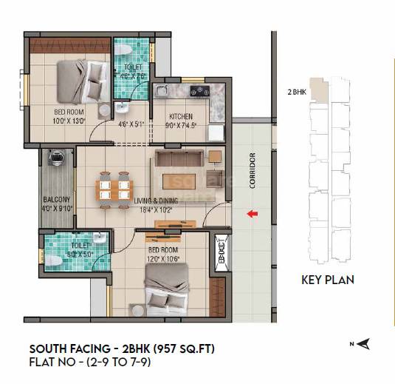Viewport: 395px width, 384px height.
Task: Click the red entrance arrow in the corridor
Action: tap(252, 215)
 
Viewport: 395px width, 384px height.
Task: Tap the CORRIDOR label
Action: tap(252, 170)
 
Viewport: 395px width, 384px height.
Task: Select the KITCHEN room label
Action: tap(180, 116)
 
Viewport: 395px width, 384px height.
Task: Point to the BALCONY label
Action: tap(56, 200)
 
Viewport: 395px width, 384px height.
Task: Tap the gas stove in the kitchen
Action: tap(199, 92)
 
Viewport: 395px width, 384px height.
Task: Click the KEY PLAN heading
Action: tap(328, 280)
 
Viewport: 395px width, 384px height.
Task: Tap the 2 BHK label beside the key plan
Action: tap(297, 92)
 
